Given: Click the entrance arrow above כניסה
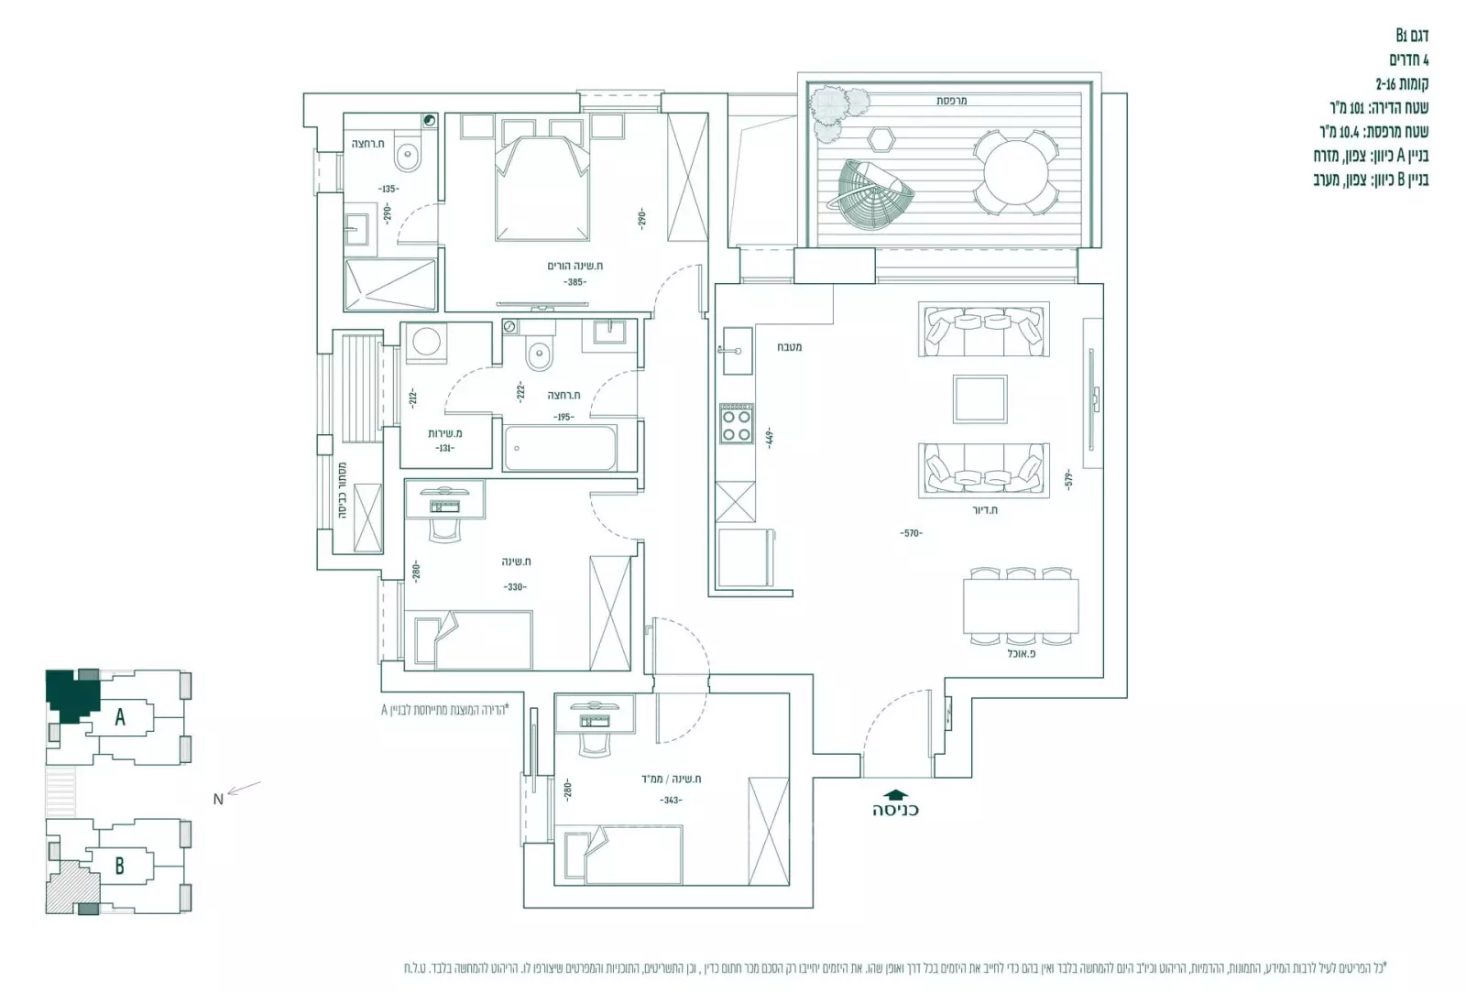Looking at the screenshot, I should coord(894,795).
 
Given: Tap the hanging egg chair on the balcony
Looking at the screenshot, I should coord(874,192).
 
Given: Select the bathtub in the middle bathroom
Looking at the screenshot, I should coord(559,448).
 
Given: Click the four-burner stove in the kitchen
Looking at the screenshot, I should coord(736,424).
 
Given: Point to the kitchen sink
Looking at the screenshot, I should coord(736,351).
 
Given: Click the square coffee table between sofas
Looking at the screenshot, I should coord(979,398).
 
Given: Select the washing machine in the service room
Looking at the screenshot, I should coord(426,344).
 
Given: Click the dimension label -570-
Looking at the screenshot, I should coord(910,533).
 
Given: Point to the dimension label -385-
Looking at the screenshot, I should coord(574,282).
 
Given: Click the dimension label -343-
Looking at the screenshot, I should coord(670,801).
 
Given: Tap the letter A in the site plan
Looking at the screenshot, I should coord(120,717).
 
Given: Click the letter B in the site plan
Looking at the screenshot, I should coord(119,866).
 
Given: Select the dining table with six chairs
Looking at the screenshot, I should coord(1018,606).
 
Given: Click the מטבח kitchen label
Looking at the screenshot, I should coord(789,347).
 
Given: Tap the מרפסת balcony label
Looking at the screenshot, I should coord(951,101).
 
